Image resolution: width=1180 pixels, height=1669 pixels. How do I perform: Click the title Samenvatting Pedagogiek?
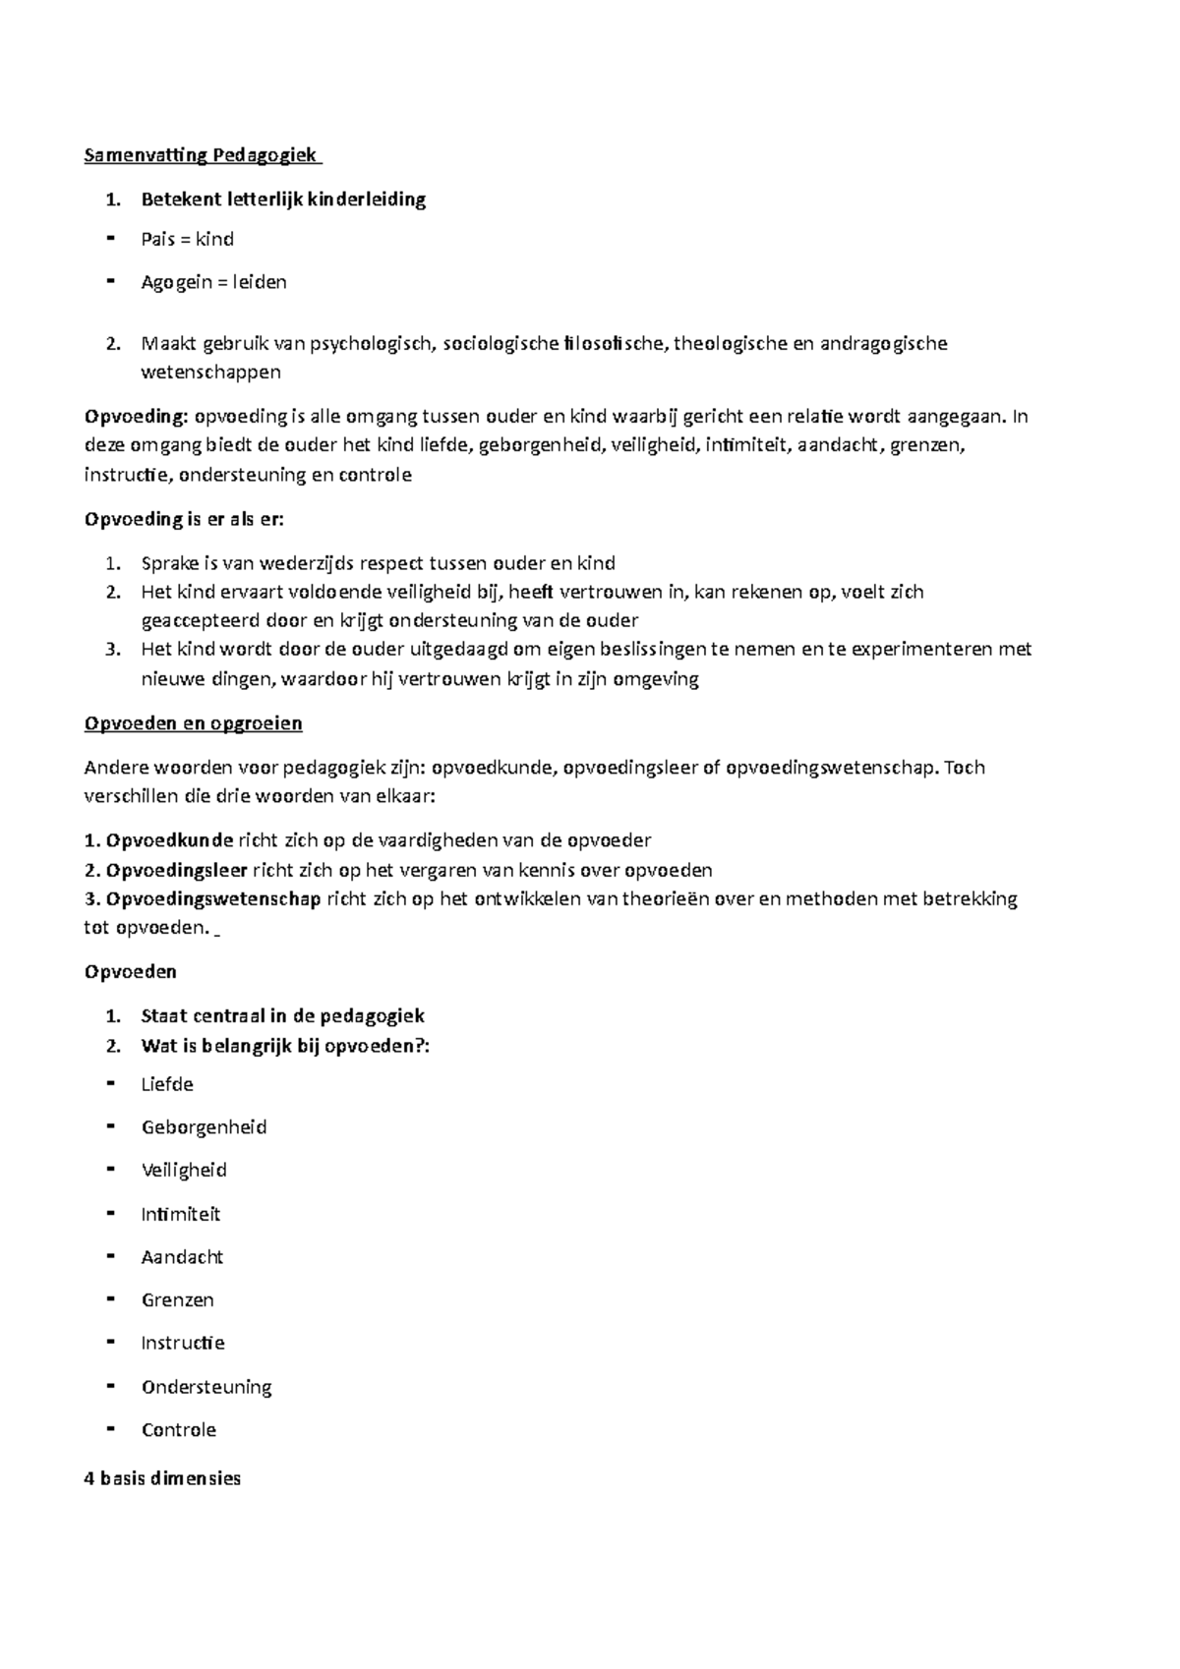202,155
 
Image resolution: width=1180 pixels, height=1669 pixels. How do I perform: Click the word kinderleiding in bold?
367,200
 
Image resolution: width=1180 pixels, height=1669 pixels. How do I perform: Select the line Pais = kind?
187,240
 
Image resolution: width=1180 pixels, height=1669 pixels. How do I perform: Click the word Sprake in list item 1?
169,563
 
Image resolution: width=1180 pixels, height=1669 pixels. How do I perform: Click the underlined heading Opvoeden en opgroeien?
193,724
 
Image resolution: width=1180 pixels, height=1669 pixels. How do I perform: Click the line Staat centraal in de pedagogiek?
282,1016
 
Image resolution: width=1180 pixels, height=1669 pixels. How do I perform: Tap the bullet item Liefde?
167,1085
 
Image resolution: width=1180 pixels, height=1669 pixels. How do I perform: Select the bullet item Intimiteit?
181,1215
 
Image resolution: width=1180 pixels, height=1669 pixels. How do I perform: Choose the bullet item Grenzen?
177,1300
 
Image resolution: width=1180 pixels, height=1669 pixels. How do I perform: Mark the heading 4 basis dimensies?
162,1478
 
